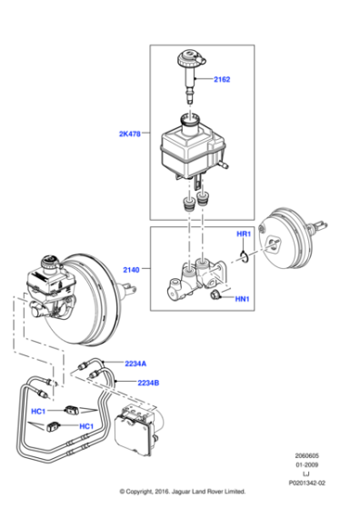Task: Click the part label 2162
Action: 222,80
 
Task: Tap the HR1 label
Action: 244,235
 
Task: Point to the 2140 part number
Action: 133,269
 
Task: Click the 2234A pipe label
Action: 136,364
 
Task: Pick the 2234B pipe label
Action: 149,382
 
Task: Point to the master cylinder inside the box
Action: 196,277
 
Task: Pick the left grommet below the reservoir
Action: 187,203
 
